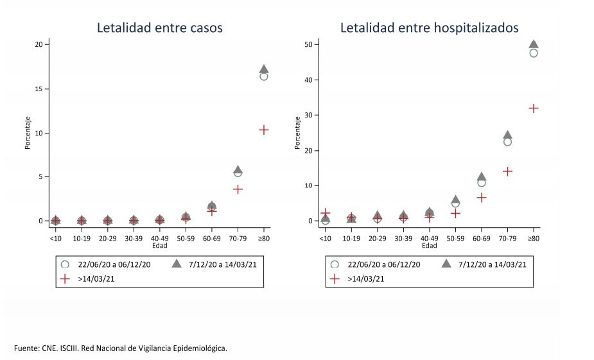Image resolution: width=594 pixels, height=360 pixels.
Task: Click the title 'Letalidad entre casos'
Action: [x=160, y=28]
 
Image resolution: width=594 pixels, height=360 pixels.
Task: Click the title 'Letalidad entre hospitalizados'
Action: [x=429, y=28]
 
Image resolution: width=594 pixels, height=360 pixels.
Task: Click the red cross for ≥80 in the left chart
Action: [x=263, y=130]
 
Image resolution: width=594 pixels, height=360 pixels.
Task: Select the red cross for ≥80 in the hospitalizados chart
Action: [x=533, y=108]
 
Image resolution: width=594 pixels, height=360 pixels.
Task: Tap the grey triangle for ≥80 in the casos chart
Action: [x=263, y=69]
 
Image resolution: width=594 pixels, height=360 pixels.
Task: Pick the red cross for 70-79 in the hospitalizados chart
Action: [x=507, y=171]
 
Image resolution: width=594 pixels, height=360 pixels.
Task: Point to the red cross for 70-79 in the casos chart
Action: [x=238, y=189]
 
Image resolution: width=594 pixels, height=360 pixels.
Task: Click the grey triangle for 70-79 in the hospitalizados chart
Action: [x=507, y=135]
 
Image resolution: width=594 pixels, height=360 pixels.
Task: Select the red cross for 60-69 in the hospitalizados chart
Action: [x=481, y=198]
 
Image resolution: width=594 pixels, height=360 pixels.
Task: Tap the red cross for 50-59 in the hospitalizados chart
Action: [x=455, y=213]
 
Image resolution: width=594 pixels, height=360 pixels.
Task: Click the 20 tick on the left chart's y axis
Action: [x=39, y=44]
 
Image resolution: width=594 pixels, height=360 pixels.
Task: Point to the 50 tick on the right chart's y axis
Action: [x=308, y=44]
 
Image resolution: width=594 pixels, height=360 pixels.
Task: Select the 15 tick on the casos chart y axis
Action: [x=39, y=89]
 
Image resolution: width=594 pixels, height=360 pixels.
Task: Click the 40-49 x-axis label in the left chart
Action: [x=159, y=238]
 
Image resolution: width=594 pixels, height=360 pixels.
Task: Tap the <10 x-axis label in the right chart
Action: [x=326, y=238]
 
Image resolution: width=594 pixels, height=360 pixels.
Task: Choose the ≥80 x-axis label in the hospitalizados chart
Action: [x=533, y=238]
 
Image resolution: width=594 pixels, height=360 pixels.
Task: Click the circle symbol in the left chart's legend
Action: [x=64, y=264]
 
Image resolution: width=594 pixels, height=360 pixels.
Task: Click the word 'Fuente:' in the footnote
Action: [x=27, y=348]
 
